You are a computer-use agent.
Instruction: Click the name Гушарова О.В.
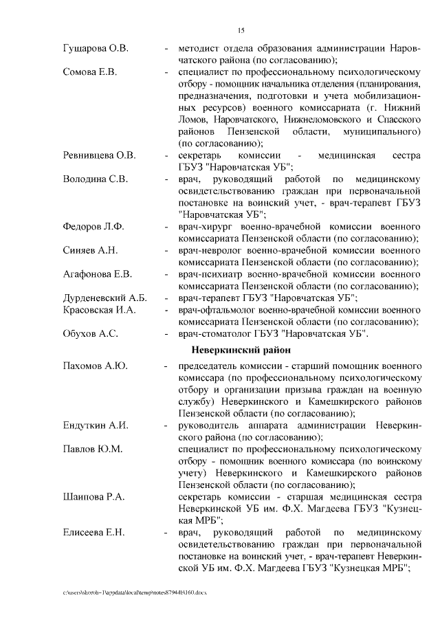tap(96, 49)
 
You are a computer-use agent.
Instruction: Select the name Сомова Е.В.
tap(90, 71)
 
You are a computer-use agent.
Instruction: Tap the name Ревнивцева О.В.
tap(100, 155)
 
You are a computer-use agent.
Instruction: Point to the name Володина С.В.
tap(95, 179)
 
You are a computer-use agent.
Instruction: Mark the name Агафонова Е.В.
tap(97, 274)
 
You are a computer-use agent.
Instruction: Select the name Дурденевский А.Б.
tap(105, 298)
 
